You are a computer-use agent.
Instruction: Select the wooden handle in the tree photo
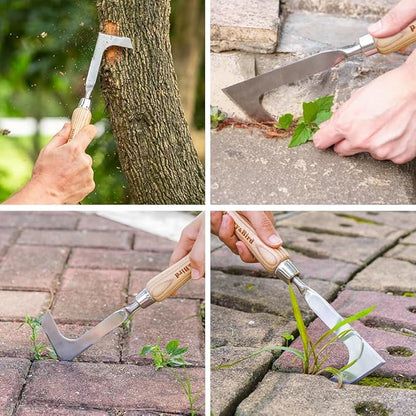click(79, 119)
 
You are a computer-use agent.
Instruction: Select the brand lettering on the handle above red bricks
click(181, 271)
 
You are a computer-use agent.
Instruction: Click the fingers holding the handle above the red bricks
click(190, 240)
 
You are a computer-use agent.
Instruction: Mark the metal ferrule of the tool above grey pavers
click(287, 270)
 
